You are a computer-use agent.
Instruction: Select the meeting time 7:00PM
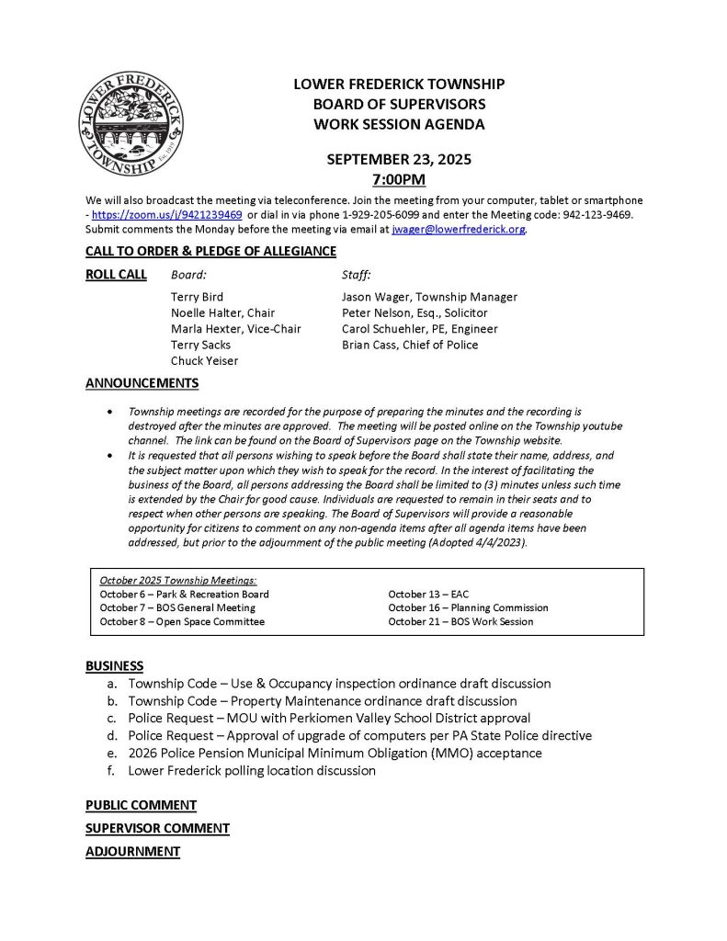point(399,179)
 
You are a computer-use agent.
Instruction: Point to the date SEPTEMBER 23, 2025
point(399,159)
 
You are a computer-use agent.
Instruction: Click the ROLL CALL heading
point(116,274)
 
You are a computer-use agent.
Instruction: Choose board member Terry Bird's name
point(197,297)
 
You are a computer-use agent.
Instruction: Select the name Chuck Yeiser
point(204,360)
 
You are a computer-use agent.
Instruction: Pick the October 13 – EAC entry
point(427,594)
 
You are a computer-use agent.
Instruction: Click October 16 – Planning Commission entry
point(468,607)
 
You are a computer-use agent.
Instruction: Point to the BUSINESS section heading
point(115,665)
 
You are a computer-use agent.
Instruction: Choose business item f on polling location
point(252,770)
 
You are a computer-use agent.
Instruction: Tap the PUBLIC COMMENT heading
point(141,805)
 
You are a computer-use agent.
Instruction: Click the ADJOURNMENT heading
point(132,852)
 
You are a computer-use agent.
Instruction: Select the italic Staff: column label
point(356,274)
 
